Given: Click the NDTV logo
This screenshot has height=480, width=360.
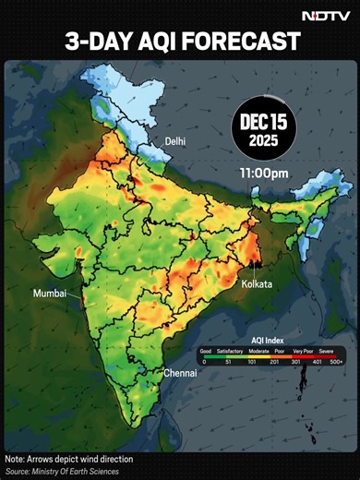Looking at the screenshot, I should click(326, 16).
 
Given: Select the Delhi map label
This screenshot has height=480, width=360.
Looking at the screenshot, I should click(176, 140).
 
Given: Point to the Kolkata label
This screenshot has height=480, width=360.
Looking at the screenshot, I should click(257, 284).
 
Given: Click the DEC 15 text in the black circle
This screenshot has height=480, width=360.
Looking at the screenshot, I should click(265, 122).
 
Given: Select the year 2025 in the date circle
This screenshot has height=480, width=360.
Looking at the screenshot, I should click(265, 141).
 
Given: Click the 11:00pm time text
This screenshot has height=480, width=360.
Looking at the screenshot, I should click(265, 172).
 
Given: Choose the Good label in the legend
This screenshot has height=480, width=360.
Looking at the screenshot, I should click(205, 351).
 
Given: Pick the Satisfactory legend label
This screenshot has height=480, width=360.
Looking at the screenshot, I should click(230, 351).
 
